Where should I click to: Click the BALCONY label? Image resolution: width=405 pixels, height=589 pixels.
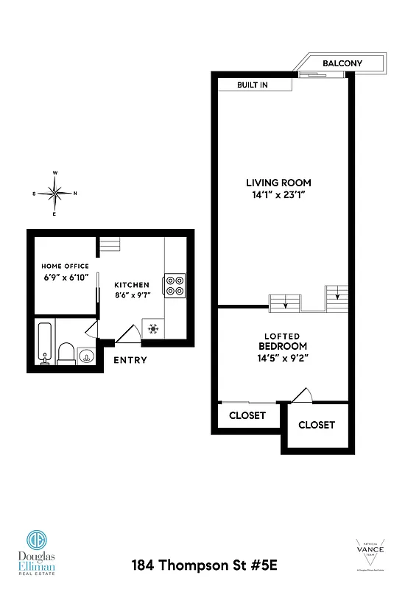point(342,63)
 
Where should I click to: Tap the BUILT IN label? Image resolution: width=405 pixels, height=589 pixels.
point(252,85)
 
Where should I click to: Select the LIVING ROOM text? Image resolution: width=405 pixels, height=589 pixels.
point(278,183)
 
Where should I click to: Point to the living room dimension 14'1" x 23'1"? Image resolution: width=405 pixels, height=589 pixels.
point(278,196)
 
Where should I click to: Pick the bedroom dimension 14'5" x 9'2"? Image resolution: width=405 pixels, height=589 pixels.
point(283,358)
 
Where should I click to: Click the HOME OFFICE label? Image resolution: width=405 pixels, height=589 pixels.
point(65,267)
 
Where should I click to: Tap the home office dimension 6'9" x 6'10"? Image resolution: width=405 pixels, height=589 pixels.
point(65,278)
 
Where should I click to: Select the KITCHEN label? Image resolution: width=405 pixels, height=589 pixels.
point(132,285)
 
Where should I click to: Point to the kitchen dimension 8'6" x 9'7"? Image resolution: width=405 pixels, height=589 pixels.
point(132,296)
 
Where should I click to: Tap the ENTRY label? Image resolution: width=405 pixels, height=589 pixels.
point(130,360)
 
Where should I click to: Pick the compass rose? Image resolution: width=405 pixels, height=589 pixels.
point(55,194)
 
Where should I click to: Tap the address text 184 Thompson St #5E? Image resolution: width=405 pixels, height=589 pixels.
point(204,566)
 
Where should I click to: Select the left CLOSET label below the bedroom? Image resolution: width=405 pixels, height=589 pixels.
point(247,415)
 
